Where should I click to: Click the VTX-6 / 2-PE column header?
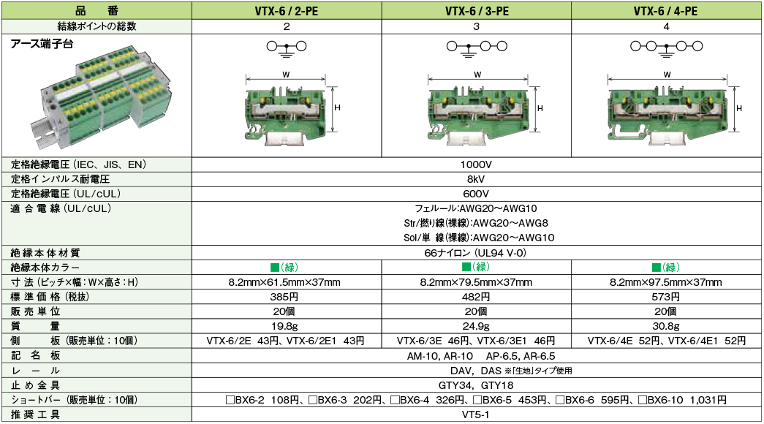click(x=287, y=11)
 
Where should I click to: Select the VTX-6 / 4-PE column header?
click(x=665, y=11)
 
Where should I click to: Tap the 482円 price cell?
click(x=476, y=297)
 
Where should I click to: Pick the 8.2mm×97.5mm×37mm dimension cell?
click(x=665, y=282)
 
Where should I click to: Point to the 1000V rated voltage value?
click(x=476, y=164)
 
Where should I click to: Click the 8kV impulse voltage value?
click(x=476, y=179)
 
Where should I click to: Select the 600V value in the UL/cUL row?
click(x=476, y=194)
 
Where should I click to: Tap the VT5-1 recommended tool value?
click(x=475, y=414)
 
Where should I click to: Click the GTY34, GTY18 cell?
click(x=476, y=385)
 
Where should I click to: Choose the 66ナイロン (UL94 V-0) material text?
click(x=475, y=253)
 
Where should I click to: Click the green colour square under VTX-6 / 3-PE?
click(x=466, y=267)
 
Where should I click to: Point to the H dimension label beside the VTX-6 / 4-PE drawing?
click(x=739, y=108)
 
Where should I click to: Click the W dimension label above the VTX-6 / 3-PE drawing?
click(x=477, y=75)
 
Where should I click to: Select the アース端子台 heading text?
click(x=42, y=45)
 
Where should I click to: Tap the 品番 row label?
click(x=97, y=11)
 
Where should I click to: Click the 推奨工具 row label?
click(x=35, y=414)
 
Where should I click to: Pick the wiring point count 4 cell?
click(x=666, y=27)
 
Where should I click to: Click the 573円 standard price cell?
click(x=665, y=297)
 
